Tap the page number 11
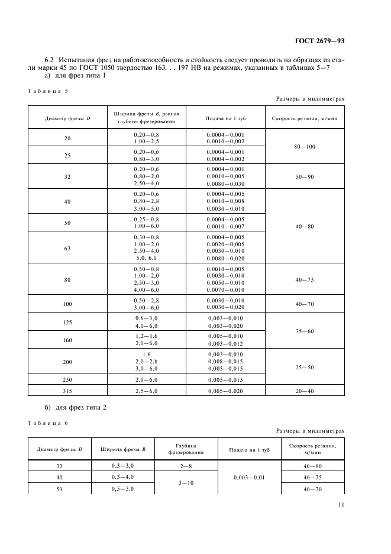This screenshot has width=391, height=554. point(341,505)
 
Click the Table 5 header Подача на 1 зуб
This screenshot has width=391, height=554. point(225,118)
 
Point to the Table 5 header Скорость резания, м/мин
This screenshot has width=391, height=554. point(304,118)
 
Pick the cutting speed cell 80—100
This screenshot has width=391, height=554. point(304,146)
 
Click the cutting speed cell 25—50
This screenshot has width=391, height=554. point(304,367)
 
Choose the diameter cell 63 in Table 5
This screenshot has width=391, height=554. point(67,248)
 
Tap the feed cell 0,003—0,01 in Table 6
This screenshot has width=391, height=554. point(249,476)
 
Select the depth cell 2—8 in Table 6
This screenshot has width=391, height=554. point(185,466)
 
